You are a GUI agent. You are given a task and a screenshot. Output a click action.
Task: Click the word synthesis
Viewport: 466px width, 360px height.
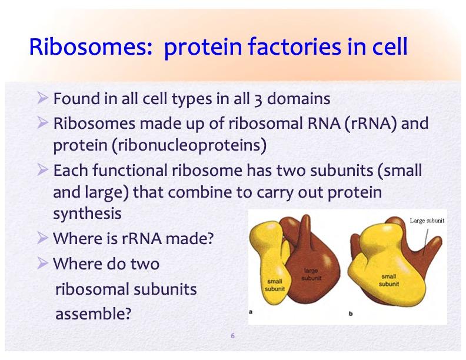(x=87, y=214)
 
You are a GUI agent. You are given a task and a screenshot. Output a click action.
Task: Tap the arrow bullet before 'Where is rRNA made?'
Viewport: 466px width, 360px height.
(x=42, y=238)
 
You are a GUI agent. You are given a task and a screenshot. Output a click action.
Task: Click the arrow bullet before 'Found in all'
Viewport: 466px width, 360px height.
(x=42, y=98)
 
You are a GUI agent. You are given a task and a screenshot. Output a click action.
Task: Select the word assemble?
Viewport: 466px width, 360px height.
(x=93, y=314)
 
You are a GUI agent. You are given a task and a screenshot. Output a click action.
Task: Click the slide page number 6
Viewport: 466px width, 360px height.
(x=232, y=336)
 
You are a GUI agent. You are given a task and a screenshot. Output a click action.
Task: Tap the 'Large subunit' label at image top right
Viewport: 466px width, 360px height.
(x=427, y=221)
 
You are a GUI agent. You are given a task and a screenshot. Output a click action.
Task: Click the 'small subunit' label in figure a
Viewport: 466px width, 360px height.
(x=275, y=285)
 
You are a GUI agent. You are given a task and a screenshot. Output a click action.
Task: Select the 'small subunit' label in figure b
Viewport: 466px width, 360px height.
(x=389, y=280)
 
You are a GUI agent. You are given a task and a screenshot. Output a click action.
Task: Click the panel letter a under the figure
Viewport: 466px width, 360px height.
(x=251, y=312)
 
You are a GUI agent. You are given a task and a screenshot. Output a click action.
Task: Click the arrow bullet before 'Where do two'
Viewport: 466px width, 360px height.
(x=42, y=264)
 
